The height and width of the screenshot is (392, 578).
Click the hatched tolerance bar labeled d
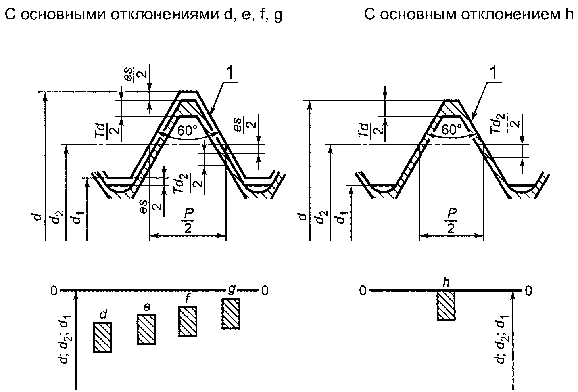[x=103, y=337]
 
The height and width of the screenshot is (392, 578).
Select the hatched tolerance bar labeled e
[x=146, y=329]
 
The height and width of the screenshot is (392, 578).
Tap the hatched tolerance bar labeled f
[x=188, y=321]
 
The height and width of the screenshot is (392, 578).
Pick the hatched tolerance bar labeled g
[x=231, y=314]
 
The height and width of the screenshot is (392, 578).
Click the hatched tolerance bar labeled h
[x=446, y=305]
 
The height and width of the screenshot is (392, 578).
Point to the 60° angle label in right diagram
[x=451, y=130]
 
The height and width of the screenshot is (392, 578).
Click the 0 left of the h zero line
[x=362, y=291]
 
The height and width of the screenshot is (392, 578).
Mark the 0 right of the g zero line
[x=265, y=291]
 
